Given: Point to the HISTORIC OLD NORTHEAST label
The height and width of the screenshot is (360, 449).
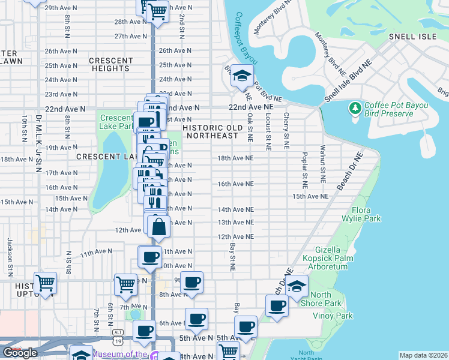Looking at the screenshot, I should [x=212, y=131].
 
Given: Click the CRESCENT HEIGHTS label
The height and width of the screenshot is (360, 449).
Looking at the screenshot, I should [x=111, y=64].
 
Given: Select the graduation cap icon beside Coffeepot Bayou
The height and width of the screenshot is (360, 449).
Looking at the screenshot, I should [x=242, y=76].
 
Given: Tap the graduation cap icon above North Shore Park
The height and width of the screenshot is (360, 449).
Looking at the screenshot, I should [x=296, y=286].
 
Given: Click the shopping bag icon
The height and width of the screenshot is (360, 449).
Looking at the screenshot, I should [x=159, y=227].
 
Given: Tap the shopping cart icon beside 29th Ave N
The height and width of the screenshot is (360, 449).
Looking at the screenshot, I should [x=157, y=10].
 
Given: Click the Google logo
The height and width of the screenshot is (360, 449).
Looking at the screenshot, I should [x=20, y=353].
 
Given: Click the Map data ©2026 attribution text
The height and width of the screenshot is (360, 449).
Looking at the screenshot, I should [x=423, y=355].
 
